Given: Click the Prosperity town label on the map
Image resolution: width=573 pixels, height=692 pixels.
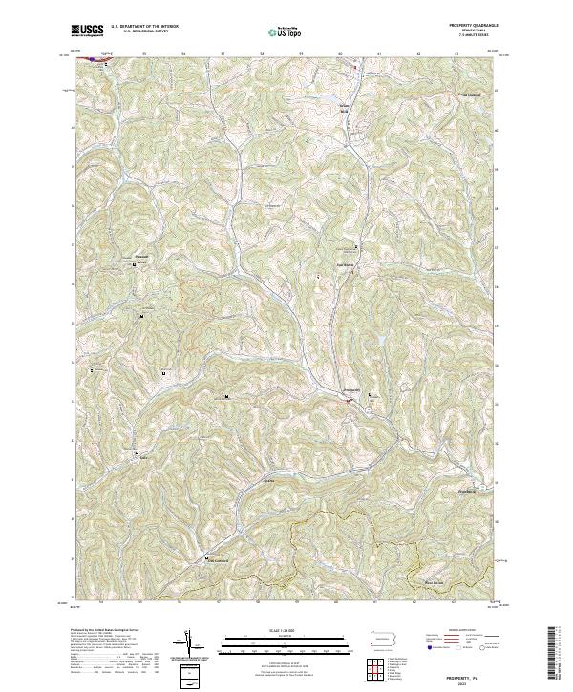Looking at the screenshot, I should (350, 390).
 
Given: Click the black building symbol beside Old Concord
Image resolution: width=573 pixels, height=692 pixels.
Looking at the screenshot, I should (205, 557).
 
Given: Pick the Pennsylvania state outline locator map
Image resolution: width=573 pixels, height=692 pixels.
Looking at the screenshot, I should (381, 637).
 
